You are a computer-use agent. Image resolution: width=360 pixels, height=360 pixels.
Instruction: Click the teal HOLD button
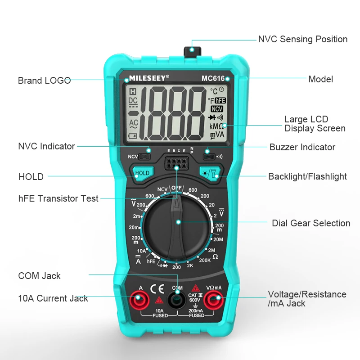[142, 173]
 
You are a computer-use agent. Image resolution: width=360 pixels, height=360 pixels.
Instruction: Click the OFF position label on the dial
[176, 188]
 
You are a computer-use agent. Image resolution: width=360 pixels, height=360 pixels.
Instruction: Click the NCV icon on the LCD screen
[217, 109]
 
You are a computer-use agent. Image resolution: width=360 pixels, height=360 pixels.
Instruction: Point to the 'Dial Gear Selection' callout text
[310, 223]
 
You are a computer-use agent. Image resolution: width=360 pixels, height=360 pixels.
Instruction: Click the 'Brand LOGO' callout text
[44, 81]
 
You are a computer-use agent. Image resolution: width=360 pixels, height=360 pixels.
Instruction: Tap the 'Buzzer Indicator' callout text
[302, 147]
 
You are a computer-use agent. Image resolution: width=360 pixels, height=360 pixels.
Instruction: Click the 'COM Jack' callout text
[39, 276]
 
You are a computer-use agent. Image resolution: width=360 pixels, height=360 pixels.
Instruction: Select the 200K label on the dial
[205, 260]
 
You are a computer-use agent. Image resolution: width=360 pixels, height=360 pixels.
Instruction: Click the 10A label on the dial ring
[141, 251]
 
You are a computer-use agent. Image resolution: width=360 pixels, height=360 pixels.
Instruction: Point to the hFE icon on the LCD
[220, 101]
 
